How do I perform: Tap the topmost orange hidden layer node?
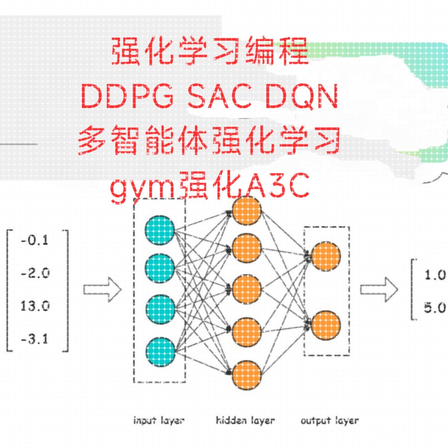pyautogui.click(x=246, y=210)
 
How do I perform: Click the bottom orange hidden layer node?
pyautogui.click(x=246, y=374)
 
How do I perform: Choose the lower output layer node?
pyautogui.click(x=326, y=325)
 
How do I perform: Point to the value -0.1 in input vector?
pyautogui.click(x=35, y=240)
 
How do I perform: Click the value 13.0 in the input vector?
pyautogui.click(x=35, y=306)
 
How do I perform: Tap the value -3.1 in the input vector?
pyautogui.click(x=35, y=339)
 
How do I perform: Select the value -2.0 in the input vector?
pyautogui.click(x=35, y=273)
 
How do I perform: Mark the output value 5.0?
pyautogui.click(x=434, y=308)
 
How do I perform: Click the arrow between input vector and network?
pyautogui.click(x=102, y=290)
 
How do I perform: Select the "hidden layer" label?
pyautogui.click(x=245, y=421)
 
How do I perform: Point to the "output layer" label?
pyautogui.click(x=330, y=421)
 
